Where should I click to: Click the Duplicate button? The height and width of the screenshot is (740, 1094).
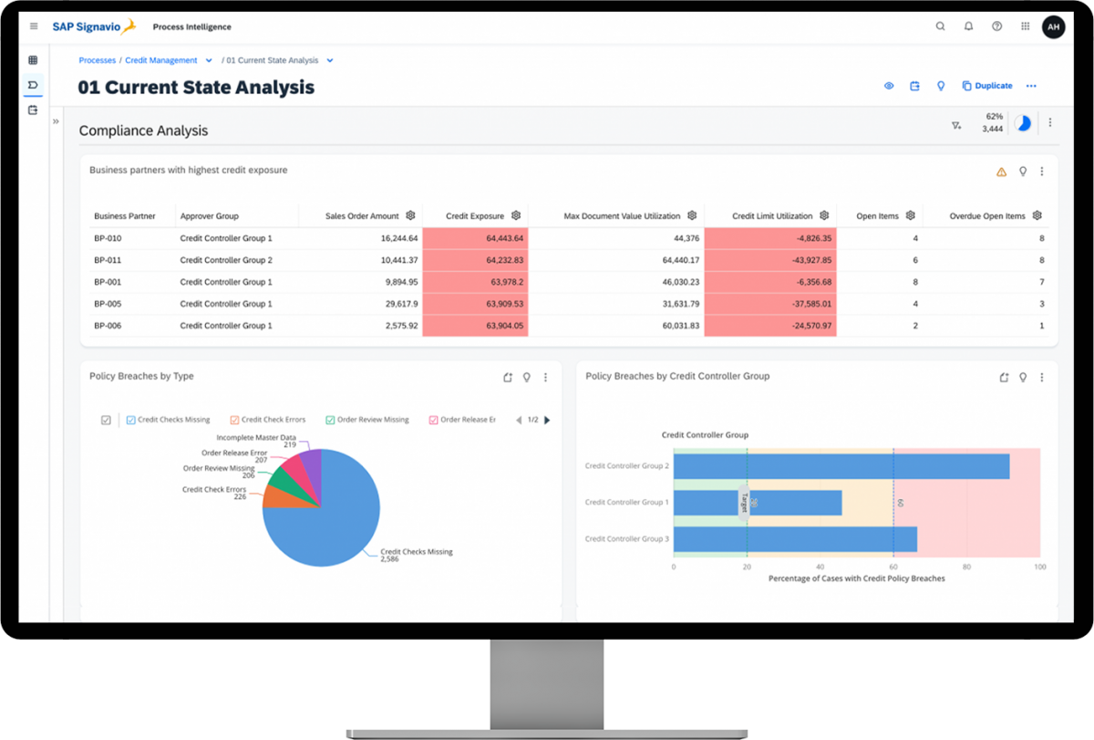pyautogui.click(x=987, y=86)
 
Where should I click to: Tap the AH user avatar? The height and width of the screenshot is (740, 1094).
pyautogui.click(x=1053, y=26)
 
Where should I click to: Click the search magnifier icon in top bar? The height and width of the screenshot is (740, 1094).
pyautogui.click(x=940, y=26)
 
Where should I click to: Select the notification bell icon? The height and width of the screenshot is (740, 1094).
pyautogui.click(x=968, y=26)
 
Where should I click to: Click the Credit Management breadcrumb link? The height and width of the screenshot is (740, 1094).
pyautogui.click(x=161, y=60)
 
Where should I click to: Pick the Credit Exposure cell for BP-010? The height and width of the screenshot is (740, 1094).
pyautogui.click(x=475, y=238)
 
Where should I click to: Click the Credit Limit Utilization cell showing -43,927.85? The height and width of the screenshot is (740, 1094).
pyautogui.click(x=769, y=260)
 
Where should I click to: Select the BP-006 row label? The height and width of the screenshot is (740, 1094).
pyautogui.click(x=108, y=326)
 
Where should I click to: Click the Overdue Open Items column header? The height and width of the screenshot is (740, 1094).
pyautogui.click(x=987, y=216)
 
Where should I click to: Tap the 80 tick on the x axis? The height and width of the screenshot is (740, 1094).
pyautogui.click(x=966, y=567)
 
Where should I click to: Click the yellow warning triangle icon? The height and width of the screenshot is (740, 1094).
pyautogui.click(x=1001, y=172)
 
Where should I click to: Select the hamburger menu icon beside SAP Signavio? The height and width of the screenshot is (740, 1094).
pyautogui.click(x=34, y=26)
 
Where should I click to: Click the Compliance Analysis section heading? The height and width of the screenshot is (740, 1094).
pyautogui.click(x=143, y=130)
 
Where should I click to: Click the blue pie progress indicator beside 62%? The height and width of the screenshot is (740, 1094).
pyautogui.click(x=1023, y=123)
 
